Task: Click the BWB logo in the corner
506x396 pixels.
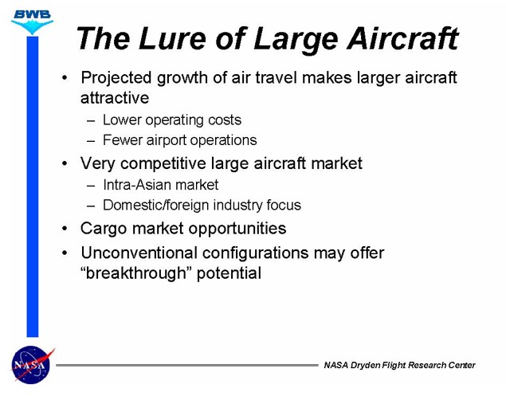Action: [32, 22]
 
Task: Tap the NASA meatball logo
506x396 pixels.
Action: [32, 365]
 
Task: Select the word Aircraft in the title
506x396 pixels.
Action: [402, 38]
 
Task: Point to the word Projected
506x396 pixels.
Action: [116, 78]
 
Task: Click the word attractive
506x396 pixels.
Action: [115, 98]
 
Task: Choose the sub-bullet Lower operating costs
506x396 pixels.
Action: [172, 120]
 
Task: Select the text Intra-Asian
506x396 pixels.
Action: [137, 185]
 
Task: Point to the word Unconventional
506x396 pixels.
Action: [139, 253]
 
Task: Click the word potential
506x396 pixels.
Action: [229, 273]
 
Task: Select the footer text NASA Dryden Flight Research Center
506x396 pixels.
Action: [399, 366]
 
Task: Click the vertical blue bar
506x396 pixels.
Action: [32, 186]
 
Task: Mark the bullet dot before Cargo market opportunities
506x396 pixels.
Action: [65, 229]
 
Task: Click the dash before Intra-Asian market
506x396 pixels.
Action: [91, 186]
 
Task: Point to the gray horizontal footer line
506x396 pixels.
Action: [187, 366]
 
